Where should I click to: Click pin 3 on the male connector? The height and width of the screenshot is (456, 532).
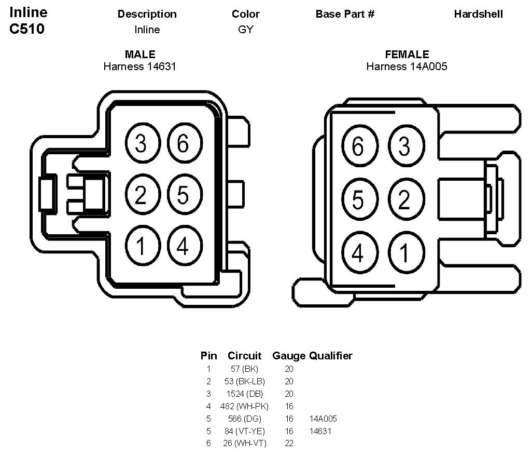pyautogui.click(x=141, y=144)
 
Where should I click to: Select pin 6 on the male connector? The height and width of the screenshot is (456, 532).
pyautogui.click(x=183, y=144)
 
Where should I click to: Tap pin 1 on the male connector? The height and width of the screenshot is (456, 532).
pyautogui.click(x=141, y=247)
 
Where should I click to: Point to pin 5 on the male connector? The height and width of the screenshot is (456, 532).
pyautogui.click(x=183, y=195)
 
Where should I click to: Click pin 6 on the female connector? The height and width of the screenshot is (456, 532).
pyautogui.click(x=358, y=147)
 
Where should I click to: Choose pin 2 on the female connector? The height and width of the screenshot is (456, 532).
pyautogui.click(x=404, y=199)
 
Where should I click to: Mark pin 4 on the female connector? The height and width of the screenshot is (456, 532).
pyautogui.click(x=358, y=253)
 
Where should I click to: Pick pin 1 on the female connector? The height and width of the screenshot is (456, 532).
pyautogui.click(x=404, y=253)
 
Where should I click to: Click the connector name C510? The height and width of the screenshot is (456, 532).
pyautogui.click(x=27, y=29)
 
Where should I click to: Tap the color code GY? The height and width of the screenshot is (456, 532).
pyautogui.click(x=246, y=30)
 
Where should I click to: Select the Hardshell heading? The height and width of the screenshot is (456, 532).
pyautogui.click(x=478, y=14)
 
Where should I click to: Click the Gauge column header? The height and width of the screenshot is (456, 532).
pyautogui.click(x=288, y=356)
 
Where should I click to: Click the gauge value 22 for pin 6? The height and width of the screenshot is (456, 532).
pyautogui.click(x=289, y=444)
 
